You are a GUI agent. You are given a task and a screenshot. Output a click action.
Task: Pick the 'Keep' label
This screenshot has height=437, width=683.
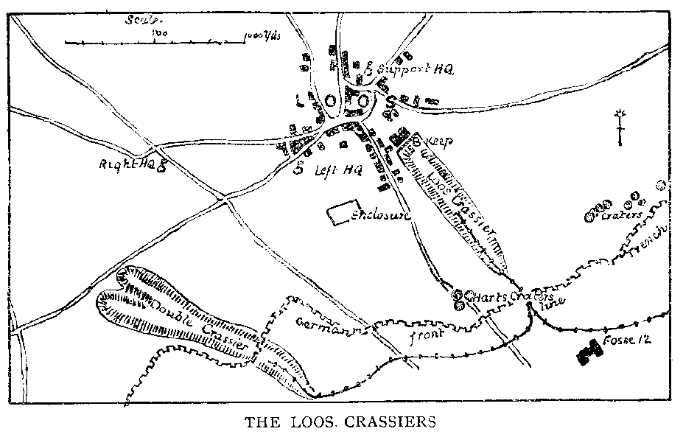coord(439,140)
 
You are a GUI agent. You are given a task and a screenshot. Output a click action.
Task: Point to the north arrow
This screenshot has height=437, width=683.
coord(621,127)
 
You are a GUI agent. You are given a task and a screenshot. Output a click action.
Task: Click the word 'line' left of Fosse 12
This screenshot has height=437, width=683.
coord(553,303)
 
